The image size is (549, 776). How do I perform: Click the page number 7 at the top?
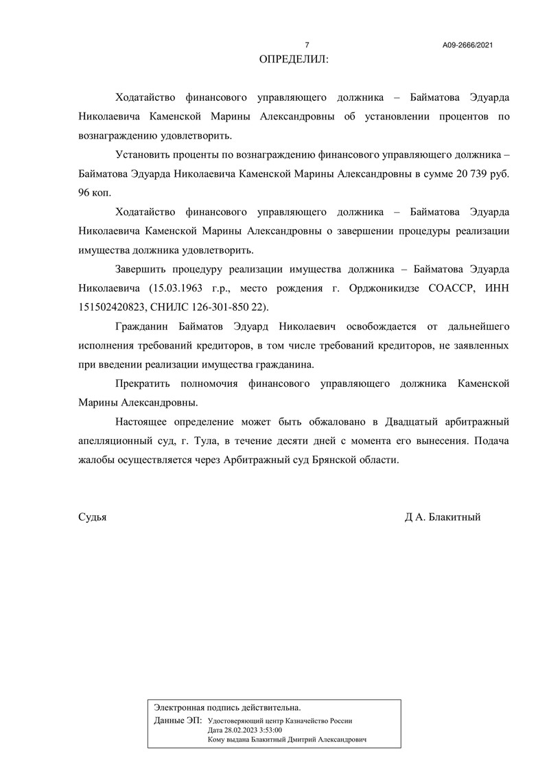307,45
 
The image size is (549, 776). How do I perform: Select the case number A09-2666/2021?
468,45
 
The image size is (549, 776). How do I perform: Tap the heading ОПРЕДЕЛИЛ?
294,60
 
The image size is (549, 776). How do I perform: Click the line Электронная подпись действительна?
227,707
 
